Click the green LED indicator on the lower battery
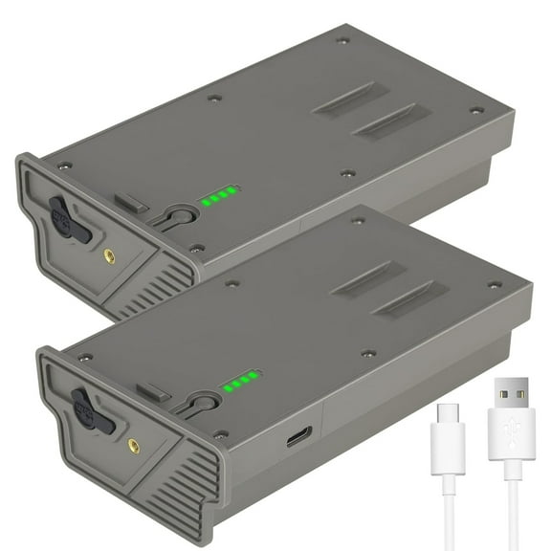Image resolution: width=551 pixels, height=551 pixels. pyautogui.click(x=240, y=382)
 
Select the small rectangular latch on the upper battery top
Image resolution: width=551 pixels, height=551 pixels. pyautogui.click(x=131, y=201)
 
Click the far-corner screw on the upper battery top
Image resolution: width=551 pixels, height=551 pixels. pyautogui.click(x=342, y=40)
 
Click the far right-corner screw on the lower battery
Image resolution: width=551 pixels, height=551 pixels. pyautogui.click(x=495, y=284)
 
